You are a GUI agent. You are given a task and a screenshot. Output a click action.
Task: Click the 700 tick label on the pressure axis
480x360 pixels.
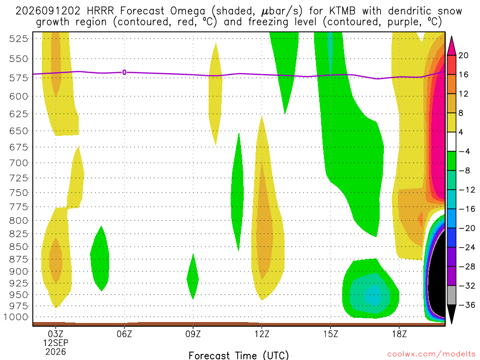coord(18,163)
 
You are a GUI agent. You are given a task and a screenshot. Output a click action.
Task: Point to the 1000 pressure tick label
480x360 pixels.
coord(16,317)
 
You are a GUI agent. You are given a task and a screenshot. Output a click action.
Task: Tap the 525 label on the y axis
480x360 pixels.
coord(18,38)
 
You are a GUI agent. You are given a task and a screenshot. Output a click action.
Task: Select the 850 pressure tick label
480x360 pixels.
coord(18,247)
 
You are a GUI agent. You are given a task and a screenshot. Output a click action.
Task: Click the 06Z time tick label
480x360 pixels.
coord(124,334)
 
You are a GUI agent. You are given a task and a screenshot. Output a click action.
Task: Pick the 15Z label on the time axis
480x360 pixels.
coord(330,334)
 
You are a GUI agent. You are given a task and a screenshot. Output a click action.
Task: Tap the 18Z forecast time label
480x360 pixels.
coord(399,334)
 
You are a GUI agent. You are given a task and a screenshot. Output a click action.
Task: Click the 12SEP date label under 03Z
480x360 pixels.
coord(56,343)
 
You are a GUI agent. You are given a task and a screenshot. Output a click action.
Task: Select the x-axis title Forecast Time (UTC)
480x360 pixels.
coord(239,355)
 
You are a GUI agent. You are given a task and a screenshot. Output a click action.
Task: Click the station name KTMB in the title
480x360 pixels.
coord(343,11)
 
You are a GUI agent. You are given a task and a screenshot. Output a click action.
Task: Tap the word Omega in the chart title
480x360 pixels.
coord(187,12)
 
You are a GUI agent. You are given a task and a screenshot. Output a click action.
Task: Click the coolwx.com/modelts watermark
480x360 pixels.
coord(431,354)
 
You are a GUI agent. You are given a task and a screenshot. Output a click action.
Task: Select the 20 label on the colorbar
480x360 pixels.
coord(463,55)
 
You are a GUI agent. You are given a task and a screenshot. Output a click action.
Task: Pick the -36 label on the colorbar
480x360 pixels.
coord(467,305)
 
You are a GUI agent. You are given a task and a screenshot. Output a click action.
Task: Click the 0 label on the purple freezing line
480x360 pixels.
coord(124,73)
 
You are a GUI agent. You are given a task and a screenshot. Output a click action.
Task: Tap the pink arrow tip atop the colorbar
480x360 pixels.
coord(451,37)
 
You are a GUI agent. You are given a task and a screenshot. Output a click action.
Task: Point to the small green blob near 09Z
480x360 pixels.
coord(193,277)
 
